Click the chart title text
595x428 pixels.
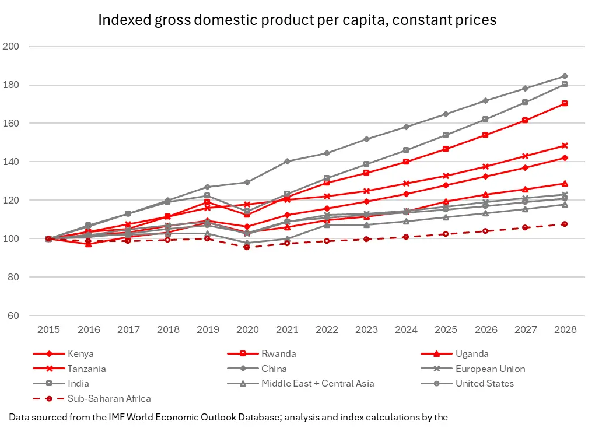pyautogui.click(x=297, y=20)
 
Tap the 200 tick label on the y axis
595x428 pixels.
pyautogui.click(x=11, y=46)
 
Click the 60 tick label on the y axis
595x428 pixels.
pyautogui.click(x=13, y=315)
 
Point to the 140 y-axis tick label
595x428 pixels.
pyautogui.click(x=11, y=162)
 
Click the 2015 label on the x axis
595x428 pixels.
pyautogui.click(x=48, y=329)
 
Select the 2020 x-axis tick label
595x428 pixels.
pyautogui.click(x=247, y=329)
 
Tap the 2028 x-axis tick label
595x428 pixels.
pyautogui.click(x=565, y=329)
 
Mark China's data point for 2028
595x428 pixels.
pyautogui.click(x=565, y=76)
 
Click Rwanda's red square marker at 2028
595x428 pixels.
pyautogui.click(x=565, y=103)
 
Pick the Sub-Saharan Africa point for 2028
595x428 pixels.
pyautogui.click(x=565, y=224)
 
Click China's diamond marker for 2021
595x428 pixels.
pyautogui.click(x=287, y=161)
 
